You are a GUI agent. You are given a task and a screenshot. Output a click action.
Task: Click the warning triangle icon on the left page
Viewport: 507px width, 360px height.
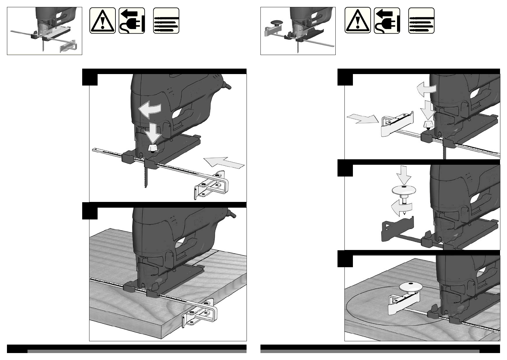click(x=102, y=21)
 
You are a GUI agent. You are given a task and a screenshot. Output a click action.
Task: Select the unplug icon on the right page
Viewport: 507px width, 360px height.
click(x=387, y=21)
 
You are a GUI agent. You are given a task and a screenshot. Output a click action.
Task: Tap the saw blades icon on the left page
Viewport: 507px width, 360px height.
click(x=166, y=21)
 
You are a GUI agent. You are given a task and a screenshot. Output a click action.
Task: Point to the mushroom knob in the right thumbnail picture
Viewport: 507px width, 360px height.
click(x=276, y=23)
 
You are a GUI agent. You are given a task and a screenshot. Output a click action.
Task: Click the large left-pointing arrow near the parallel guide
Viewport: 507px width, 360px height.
click(x=224, y=164)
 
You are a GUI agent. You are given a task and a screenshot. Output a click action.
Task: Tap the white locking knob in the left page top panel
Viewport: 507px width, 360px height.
click(x=153, y=148)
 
